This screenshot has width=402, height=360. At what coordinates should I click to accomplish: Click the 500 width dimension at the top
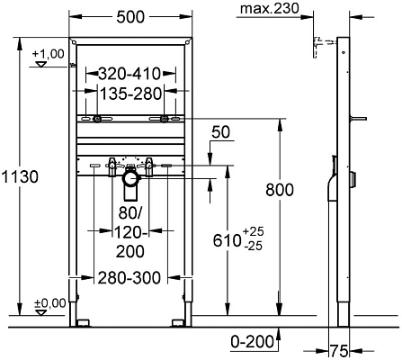131,16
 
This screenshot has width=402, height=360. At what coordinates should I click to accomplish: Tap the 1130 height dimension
20,177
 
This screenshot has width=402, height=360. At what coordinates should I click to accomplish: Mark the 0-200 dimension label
248,342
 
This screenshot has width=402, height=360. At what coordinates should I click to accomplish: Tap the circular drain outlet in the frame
131,180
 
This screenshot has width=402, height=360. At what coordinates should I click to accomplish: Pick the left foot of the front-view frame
84,319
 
